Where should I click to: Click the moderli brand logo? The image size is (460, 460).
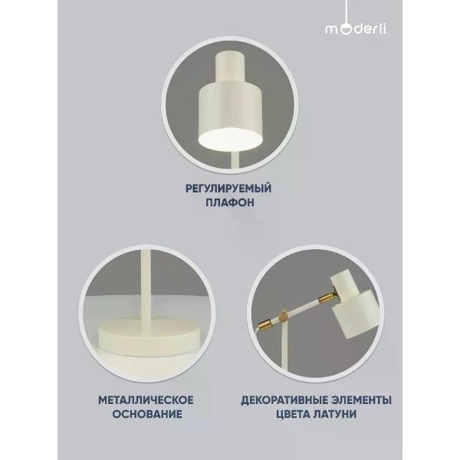(356, 29)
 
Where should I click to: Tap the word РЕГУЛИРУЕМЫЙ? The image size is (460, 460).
(228, 189)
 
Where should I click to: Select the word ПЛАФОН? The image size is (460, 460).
(230, 202)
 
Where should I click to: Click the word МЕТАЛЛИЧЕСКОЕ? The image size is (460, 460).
(146, 400)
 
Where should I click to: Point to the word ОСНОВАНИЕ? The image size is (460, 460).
(147, 414)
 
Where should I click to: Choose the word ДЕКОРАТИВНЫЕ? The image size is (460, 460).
(284, 400)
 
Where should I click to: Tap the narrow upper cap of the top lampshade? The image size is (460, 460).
(230, 67)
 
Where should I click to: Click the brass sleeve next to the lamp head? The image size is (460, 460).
(325, 299)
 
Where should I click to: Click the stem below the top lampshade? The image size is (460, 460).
(235, 159)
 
